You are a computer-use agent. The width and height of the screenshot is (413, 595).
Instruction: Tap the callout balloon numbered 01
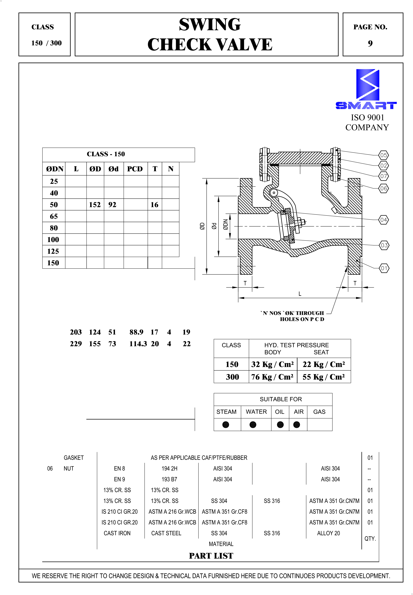[x=384, y=268]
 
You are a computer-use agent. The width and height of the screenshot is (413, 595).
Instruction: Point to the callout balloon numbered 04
[x=383, y=220]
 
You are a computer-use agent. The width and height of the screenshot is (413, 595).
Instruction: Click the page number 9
[x=370, y=44]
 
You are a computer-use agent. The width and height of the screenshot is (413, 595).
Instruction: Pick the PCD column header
[x=135, y=169]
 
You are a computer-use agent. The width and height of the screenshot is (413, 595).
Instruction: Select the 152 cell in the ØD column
[x=95, y=205]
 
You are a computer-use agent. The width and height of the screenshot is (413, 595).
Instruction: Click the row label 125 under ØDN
[x=53, y=251]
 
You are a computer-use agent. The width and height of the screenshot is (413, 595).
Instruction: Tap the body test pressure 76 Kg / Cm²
[x=272, y=377]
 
